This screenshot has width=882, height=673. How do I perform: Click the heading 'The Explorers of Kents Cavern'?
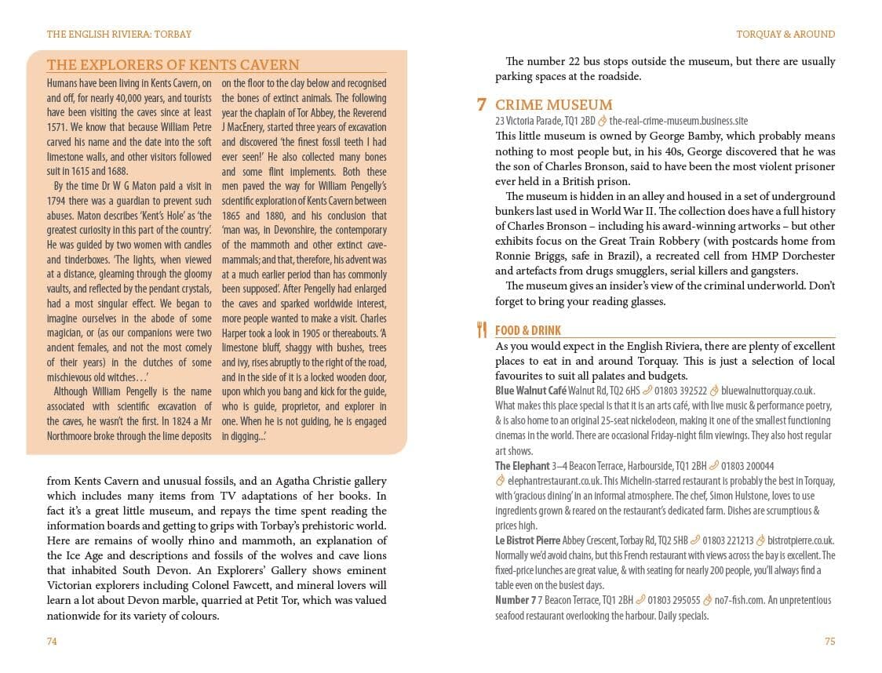[x=173, y=65]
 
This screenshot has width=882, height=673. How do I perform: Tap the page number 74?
[x=52, y=641]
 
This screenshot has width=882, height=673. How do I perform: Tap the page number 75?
[x=829, y=641]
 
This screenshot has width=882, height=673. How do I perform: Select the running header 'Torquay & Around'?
[x=785, y=35]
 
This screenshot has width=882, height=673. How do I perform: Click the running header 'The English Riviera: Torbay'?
[x=119, y=35]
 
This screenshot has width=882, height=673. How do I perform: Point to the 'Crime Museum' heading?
[x=553, y=105]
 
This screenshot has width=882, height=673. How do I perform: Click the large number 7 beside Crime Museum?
[x=482, y=105]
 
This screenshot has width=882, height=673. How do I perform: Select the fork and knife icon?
[x=482, y=330]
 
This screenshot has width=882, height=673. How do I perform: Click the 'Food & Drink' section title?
[x=528, y=331]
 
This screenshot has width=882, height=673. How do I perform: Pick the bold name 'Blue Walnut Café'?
[x=530, y=391]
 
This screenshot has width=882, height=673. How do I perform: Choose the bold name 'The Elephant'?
[x=522, y=466]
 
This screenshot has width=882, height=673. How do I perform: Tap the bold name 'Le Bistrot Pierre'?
[x=528, y=540]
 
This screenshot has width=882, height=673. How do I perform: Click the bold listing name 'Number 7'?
[x=516, y=600]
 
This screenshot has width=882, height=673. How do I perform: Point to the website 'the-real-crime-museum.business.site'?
[x=678, y=121]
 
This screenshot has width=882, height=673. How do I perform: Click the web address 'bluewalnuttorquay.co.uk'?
[x=767, y=391]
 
